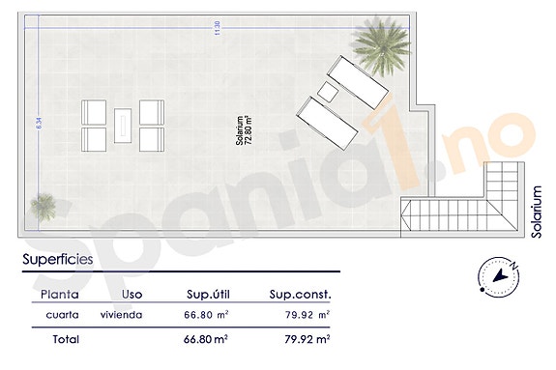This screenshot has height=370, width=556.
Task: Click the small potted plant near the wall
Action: (x=44, y=205)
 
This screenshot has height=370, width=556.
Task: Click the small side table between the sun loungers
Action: (x=327, y=93)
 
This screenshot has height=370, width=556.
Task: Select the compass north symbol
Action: (x=501, y=277)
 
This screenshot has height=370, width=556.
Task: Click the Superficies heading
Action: (x=58, y=259)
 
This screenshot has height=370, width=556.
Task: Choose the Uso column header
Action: (x=133, y=294)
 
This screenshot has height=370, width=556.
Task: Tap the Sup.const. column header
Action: (x=300, y=294)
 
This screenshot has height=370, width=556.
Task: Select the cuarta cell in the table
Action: (x=63, y=315)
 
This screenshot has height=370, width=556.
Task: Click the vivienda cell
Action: (x=124, y=315)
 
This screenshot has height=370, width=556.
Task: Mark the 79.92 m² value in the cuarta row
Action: (x=309, y=315)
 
